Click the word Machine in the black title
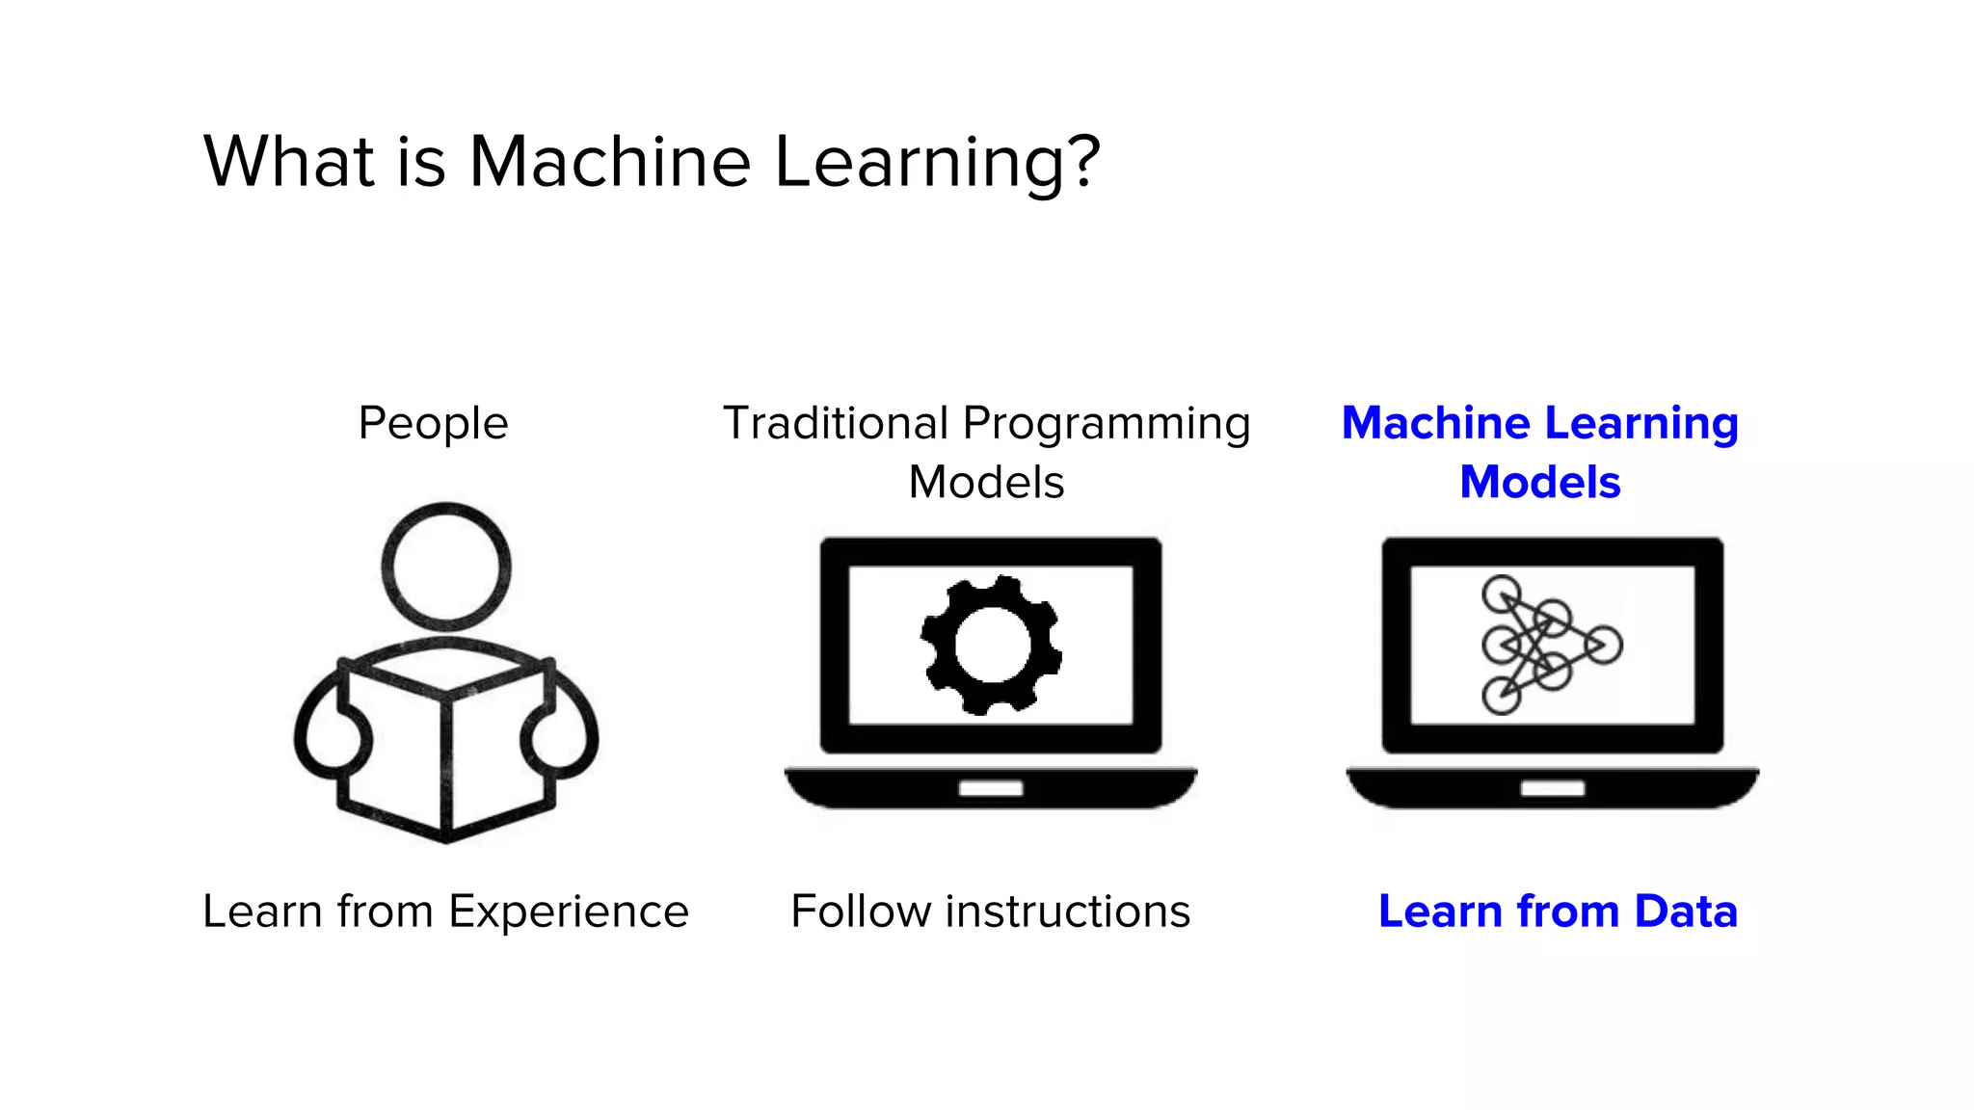tap(609, 161)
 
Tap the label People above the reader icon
tap(433, 423)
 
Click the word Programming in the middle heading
tap(1107, 425)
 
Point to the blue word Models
tap(1539, 482)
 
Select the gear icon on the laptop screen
tap(991, 645)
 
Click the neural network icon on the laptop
tap(1551, 645)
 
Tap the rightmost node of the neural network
tap(1604, 645)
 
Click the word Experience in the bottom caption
tap(569, 912)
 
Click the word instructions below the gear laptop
tap(1067, 912)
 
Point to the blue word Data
tap(1686, 912)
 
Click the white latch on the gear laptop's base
tap(991, 788)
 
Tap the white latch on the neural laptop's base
tap(1552, 788)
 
